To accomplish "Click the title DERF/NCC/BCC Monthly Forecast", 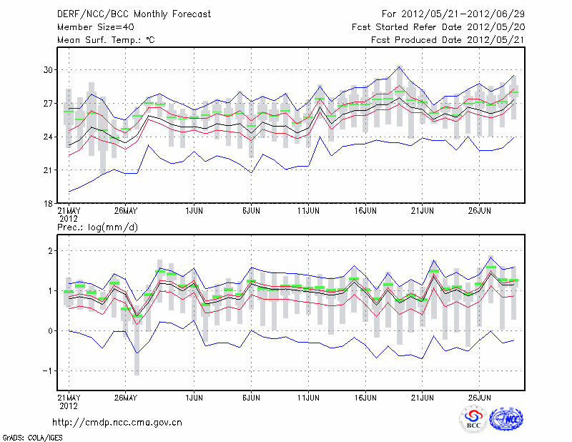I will pyautogui.click(x=134, y=14).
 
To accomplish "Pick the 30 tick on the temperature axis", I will pyautogui.click(x=48, y=70).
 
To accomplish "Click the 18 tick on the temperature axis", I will pyautogui.click(x=48, y=203).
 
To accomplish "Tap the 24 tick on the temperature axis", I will pyautogui.click(x=48, y=137).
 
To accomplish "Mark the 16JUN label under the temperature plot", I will pyautogui.click(x=365, y=211).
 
